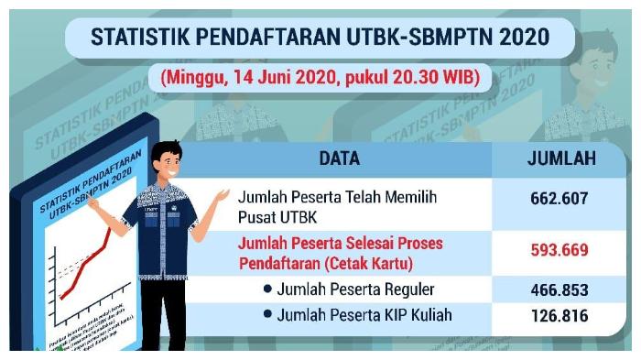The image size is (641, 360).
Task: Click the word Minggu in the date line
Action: pos(191,78)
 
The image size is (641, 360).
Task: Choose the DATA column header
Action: pos(339,158)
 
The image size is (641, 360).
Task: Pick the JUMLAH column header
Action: pos(561,158)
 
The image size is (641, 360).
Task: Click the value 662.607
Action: pos(559,198)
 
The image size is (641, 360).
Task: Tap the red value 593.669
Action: pos(559,249)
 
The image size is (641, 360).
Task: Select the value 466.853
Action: pos(559,290)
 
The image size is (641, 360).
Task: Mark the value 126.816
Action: pos(559,316)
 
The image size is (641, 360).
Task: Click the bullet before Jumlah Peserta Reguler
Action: pos(267,289)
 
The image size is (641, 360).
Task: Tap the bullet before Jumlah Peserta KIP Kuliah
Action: pos(267,315)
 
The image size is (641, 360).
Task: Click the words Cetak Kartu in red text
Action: pos(372,264)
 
